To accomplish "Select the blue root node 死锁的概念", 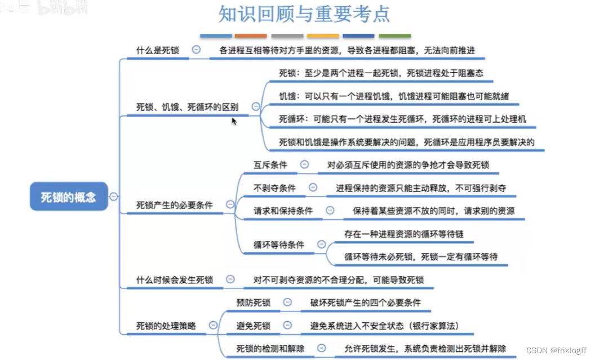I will [x=69, y=197].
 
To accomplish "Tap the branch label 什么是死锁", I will [x=158, y=50].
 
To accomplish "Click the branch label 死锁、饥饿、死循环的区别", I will [x=187, y=106].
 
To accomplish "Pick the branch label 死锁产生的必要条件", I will [x=175, y=205].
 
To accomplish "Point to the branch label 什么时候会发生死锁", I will [x=175, y=279].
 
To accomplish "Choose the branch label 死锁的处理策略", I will [x=166, y=325].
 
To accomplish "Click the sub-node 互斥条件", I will [x=270, y=165].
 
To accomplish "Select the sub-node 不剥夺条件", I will [x=274, y=188].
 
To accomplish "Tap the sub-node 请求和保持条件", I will [x=283, y=211].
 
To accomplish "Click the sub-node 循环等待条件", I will [x=279, y=245].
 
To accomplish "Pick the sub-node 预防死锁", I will [x=254, y=303].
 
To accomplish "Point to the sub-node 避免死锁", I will [x=254, y=326].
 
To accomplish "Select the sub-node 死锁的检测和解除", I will [x=270, y=349].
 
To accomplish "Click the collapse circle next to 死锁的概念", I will [x=114, y=197].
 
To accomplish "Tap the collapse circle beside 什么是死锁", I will [x=196, y=50].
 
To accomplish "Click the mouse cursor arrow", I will [x=234, y=120].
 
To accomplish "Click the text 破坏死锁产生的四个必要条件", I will [x=365, y=303].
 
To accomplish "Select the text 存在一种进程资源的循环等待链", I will [x=404, y=233].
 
